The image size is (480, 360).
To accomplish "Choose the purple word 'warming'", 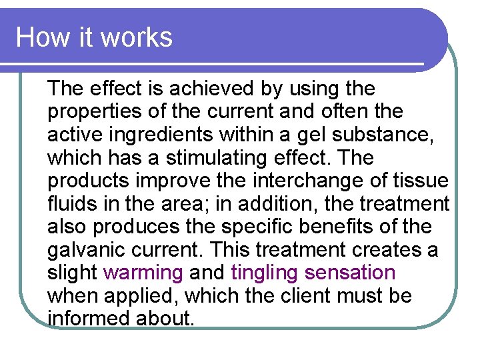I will [x=143, y=273].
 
